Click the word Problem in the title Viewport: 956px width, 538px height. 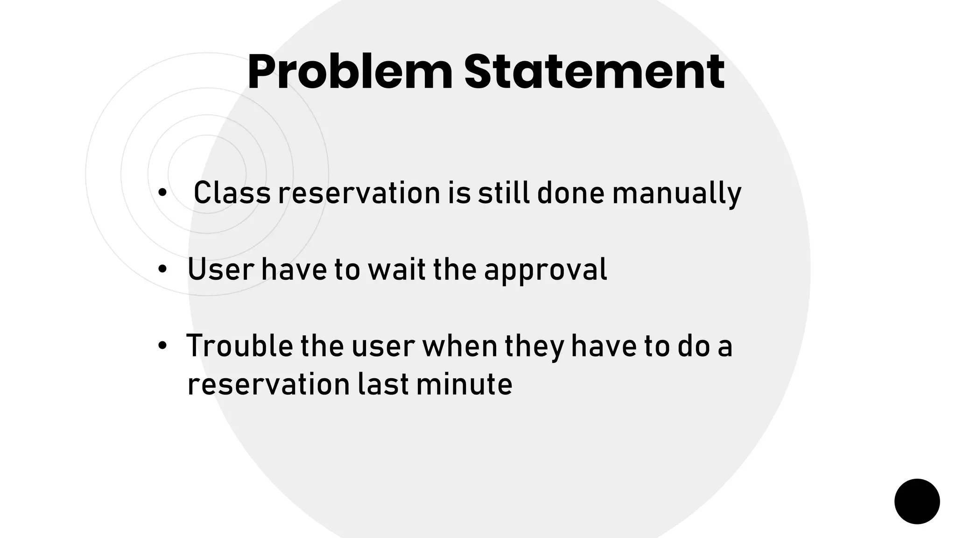tap(350, 72)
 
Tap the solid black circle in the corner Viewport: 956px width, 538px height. tap(917, 501)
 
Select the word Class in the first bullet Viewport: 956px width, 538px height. tap(232, 193)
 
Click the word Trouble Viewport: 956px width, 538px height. tap(239, 346)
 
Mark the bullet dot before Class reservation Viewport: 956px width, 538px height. tap(162, 193)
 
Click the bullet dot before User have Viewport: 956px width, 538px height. tap(162, 269)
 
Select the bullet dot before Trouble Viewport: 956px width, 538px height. tap(162, 346)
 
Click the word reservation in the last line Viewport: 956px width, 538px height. tap(268, 384)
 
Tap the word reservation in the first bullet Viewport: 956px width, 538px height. tap(359, 193)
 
